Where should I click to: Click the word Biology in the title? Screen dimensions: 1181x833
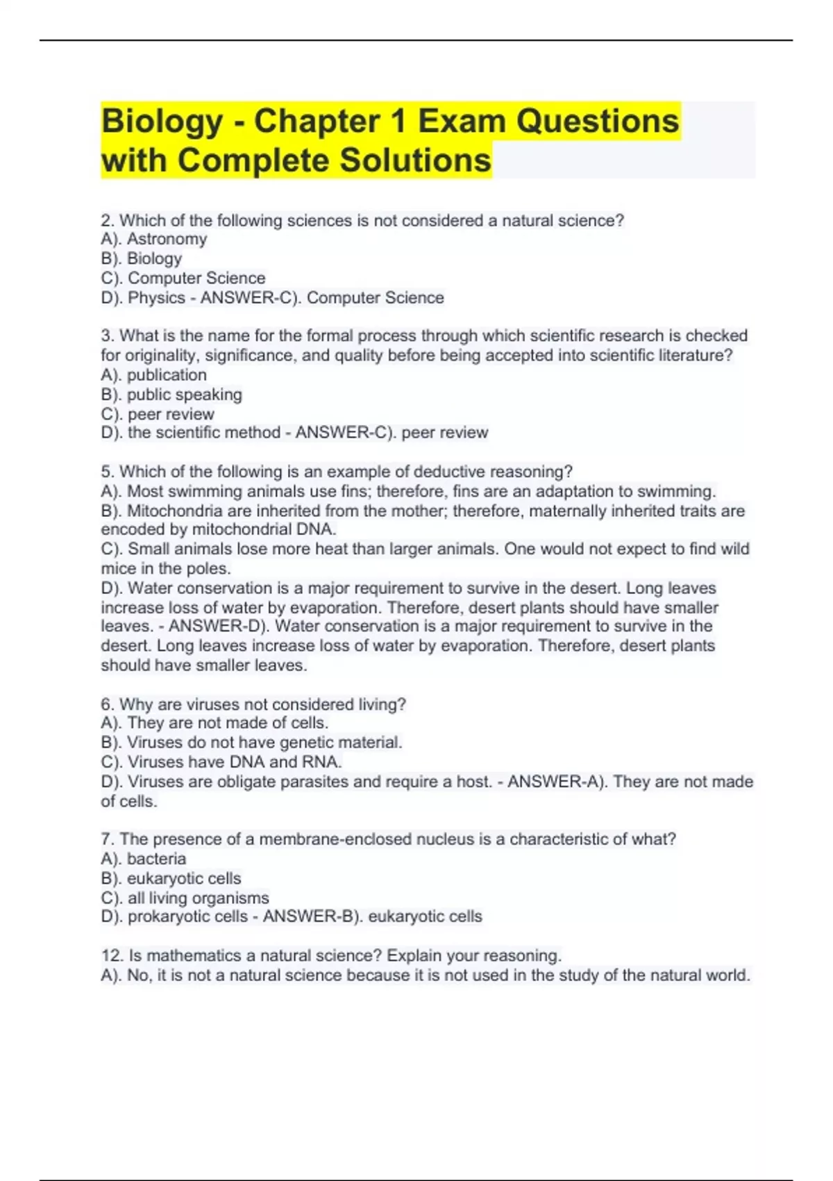(162, 122)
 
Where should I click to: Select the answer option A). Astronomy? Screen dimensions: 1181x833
(154, 239)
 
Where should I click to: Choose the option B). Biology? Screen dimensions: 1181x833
(142, 258)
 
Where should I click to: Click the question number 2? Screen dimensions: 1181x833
(107, 221)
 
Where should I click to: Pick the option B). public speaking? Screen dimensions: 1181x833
(171, 395)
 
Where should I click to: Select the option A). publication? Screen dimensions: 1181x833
(154, 375)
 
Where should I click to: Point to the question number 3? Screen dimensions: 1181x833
(107, 336)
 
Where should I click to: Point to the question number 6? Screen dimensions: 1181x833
(107, 704)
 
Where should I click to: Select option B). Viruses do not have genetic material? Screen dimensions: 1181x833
(251, 743)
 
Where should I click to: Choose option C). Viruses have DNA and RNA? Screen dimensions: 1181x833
(221, 762)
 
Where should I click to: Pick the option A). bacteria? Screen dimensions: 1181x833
(144, 859)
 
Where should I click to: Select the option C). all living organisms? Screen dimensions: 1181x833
(185, 898)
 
